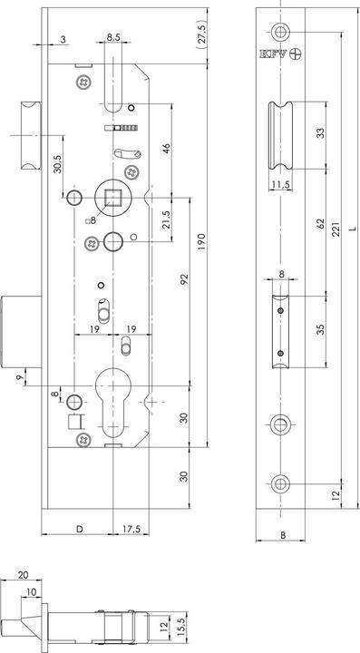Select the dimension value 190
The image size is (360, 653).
point(207,243)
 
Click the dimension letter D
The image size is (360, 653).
point(78,528)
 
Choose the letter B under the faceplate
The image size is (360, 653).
point(282,536)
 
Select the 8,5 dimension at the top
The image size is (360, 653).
point(113,37)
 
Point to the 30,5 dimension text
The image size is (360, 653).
point(56,166)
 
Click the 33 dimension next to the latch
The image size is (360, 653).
point(321,135)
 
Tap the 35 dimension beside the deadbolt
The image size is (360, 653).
point(321,328)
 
